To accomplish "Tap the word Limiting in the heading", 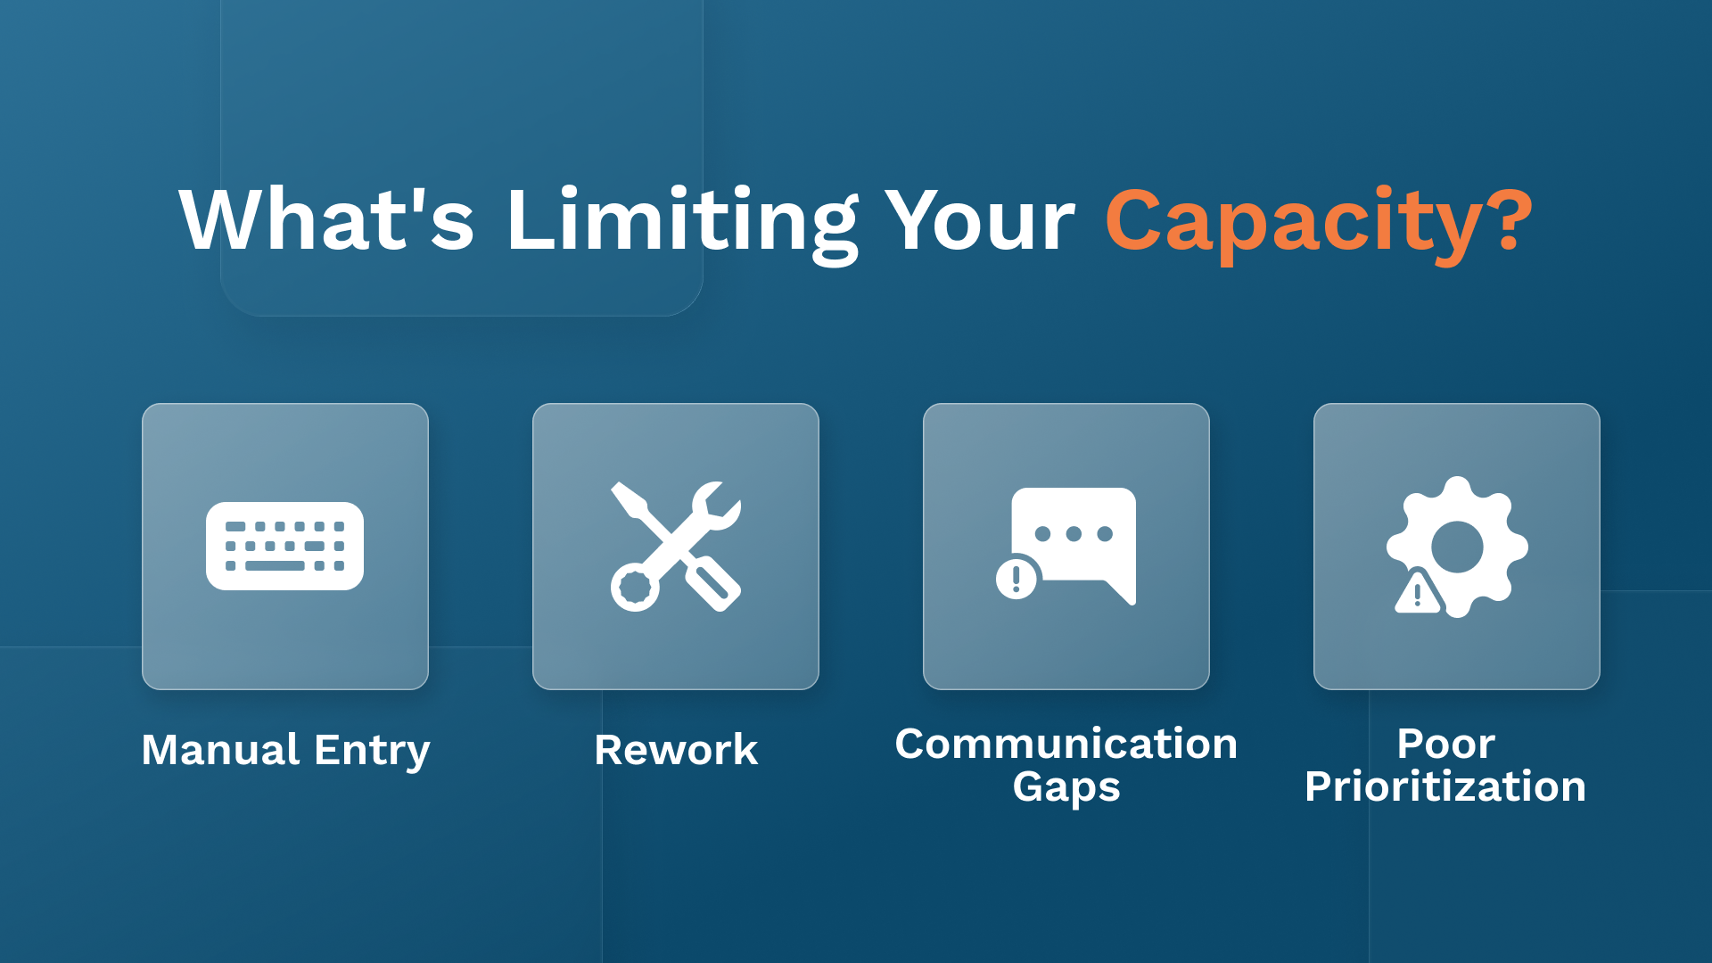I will click(x=682, y=221).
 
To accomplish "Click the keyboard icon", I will click(x=284, y=546).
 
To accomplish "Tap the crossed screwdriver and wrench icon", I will click(x=676, y=546).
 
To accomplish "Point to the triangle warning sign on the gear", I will click(x=1418, y=594).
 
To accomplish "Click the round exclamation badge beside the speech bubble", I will click(x=1017, y=579).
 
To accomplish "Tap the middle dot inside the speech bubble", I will click(x=1074, y=534).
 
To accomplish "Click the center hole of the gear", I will click(x=1457, y=547).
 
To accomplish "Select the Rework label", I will click(x=676, y=750).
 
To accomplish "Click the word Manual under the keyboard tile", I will click(x=220, y=750).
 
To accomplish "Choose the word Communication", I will click(x=1066, y=744).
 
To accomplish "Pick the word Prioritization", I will click(x=1445, y=787).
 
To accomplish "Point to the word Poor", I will click(x=1445, y=744).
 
